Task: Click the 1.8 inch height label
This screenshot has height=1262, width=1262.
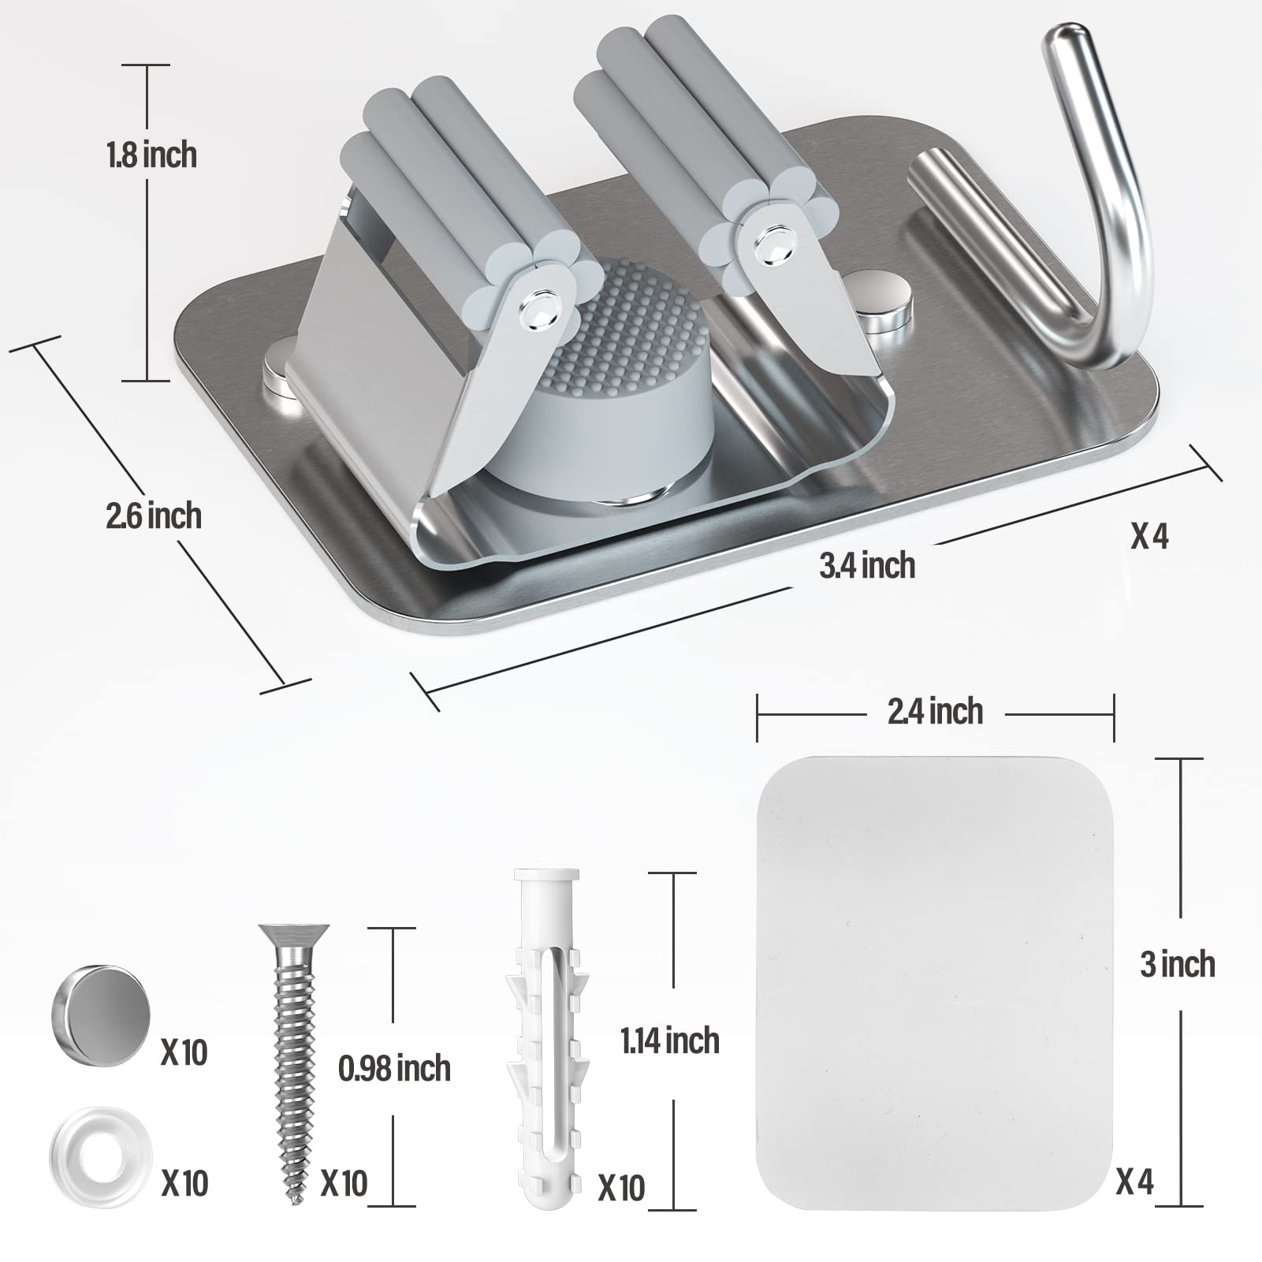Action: coord(152,155)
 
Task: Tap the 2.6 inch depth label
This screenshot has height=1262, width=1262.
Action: coord(154,516)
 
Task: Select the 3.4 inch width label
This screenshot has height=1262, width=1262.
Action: coord(867,566)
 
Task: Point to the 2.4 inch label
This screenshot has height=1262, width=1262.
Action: coord(936,712)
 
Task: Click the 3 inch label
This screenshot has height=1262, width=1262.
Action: coord(1178,965)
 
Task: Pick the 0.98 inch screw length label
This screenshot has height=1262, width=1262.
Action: coord(394,1069)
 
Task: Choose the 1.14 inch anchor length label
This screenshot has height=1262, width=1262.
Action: coord(670,1041)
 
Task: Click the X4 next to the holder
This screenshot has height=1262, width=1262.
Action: coord(1150,537)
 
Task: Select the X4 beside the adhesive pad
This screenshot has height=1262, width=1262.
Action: coord(1135,1182)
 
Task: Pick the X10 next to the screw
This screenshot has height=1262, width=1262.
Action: coord(344,1183)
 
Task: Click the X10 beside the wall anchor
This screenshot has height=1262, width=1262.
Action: coord(621,1187)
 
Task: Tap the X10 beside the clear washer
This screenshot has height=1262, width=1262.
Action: coord(184,1183)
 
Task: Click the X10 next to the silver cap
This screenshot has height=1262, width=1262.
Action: coord(184,1052)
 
